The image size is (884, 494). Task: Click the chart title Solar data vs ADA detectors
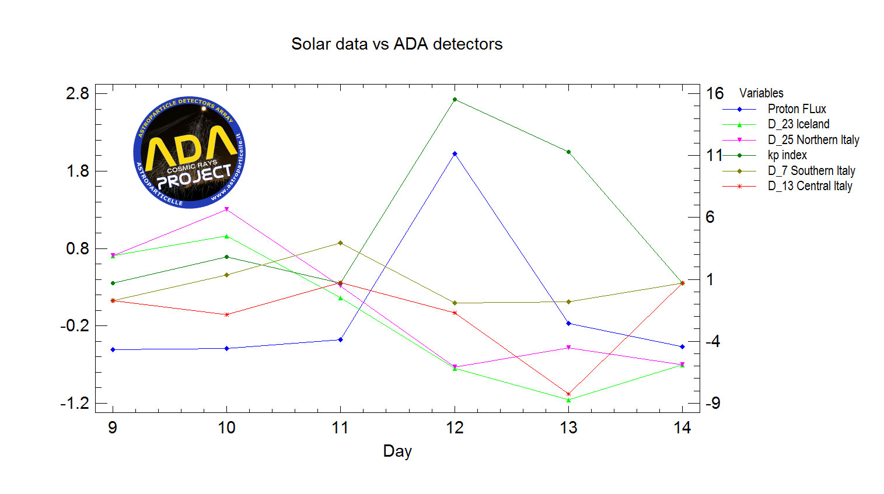[397, 44]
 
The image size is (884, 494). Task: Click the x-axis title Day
[397, 451]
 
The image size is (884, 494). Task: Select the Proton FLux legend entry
[796, 109]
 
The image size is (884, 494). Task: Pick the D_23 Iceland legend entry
[798, 124]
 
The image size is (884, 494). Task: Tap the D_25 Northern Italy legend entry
[813, 140]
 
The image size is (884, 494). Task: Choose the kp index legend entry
[787, 155]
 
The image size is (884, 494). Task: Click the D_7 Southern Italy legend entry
[811, 171]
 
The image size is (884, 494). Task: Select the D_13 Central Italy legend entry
[809, 186]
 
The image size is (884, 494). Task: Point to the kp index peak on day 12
[455, 100]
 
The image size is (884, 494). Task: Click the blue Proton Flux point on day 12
[455, 154]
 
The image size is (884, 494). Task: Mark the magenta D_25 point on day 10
[226, 209]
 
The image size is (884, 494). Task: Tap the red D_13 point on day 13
[568, 394]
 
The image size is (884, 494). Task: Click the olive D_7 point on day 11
[341, 243]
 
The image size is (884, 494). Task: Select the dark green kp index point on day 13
[568, 152]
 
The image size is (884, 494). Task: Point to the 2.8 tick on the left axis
[78, 93]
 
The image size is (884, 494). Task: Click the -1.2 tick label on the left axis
[75, 403]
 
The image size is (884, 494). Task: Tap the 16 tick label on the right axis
[715, 93]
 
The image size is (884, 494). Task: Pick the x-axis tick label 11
[340, 428]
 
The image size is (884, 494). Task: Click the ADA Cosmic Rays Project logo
[189, 153]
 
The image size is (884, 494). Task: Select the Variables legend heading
[761, 93]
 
